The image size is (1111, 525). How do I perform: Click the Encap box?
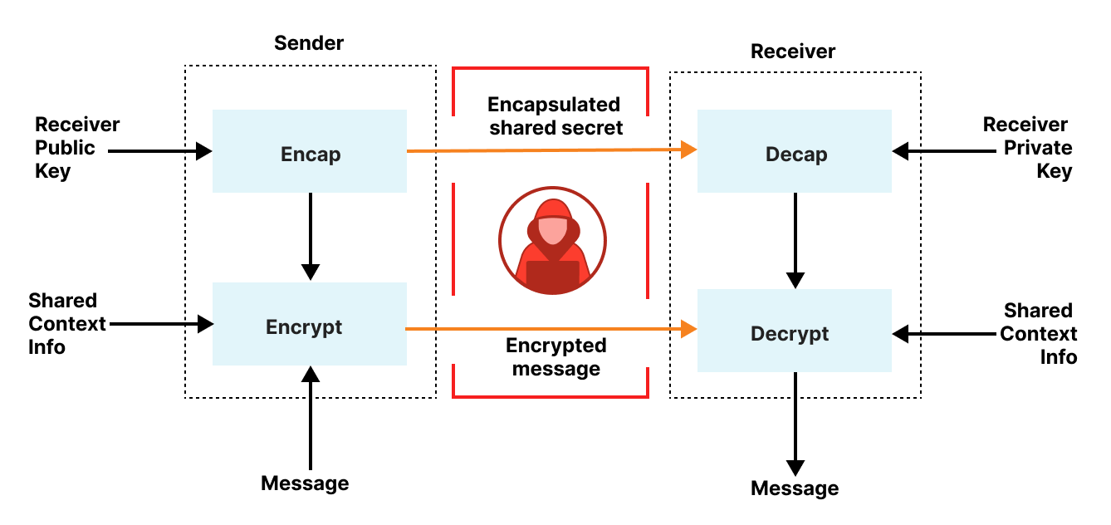tap(310, 152)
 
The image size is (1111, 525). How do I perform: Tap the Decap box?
tap(795, 153)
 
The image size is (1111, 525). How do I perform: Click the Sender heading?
tap(309, 42)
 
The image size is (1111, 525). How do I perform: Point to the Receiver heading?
tap(792, 52)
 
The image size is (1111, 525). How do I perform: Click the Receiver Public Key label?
tap(76, 148)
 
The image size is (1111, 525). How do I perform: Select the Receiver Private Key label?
tap(1027, 148)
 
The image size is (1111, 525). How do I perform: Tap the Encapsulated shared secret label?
tap(554, 116)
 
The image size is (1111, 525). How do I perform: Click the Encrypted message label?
tap(555, 356)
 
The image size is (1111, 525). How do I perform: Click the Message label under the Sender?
tap(305, 483)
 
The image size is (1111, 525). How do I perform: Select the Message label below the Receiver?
tap(795, 488)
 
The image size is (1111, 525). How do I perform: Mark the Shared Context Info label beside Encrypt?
tap(66, 323)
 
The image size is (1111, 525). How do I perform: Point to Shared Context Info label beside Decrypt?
tap(1039, 333)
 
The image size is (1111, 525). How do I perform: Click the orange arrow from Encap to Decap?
tap(548, 151)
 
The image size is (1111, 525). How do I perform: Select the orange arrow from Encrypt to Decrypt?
tap(548, 330)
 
